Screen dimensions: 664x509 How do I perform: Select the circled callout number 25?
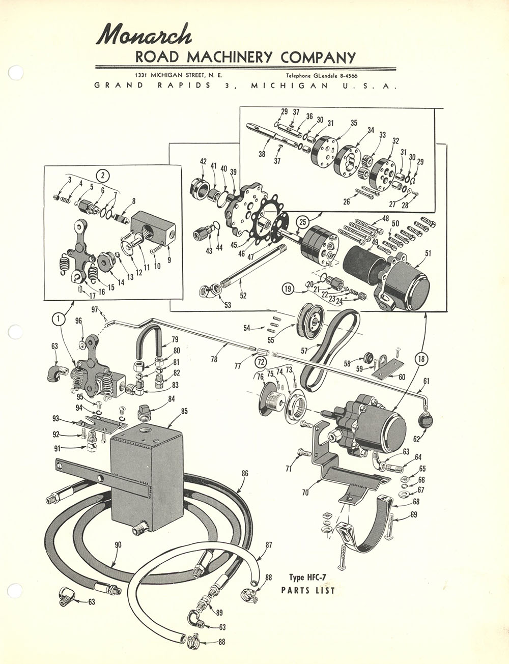point(303,222)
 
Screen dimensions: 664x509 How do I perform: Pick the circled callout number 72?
point(261,363)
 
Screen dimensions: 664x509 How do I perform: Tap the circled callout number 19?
point(289,290)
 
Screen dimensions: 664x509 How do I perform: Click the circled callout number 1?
point(59,319)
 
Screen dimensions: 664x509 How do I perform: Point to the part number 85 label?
point(184,411)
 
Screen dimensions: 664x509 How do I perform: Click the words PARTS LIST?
point(308,591)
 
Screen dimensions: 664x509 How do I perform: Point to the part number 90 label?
point(118,545)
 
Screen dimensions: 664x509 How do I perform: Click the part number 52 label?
point(243,295)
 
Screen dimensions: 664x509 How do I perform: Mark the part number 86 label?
point(245,473)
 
